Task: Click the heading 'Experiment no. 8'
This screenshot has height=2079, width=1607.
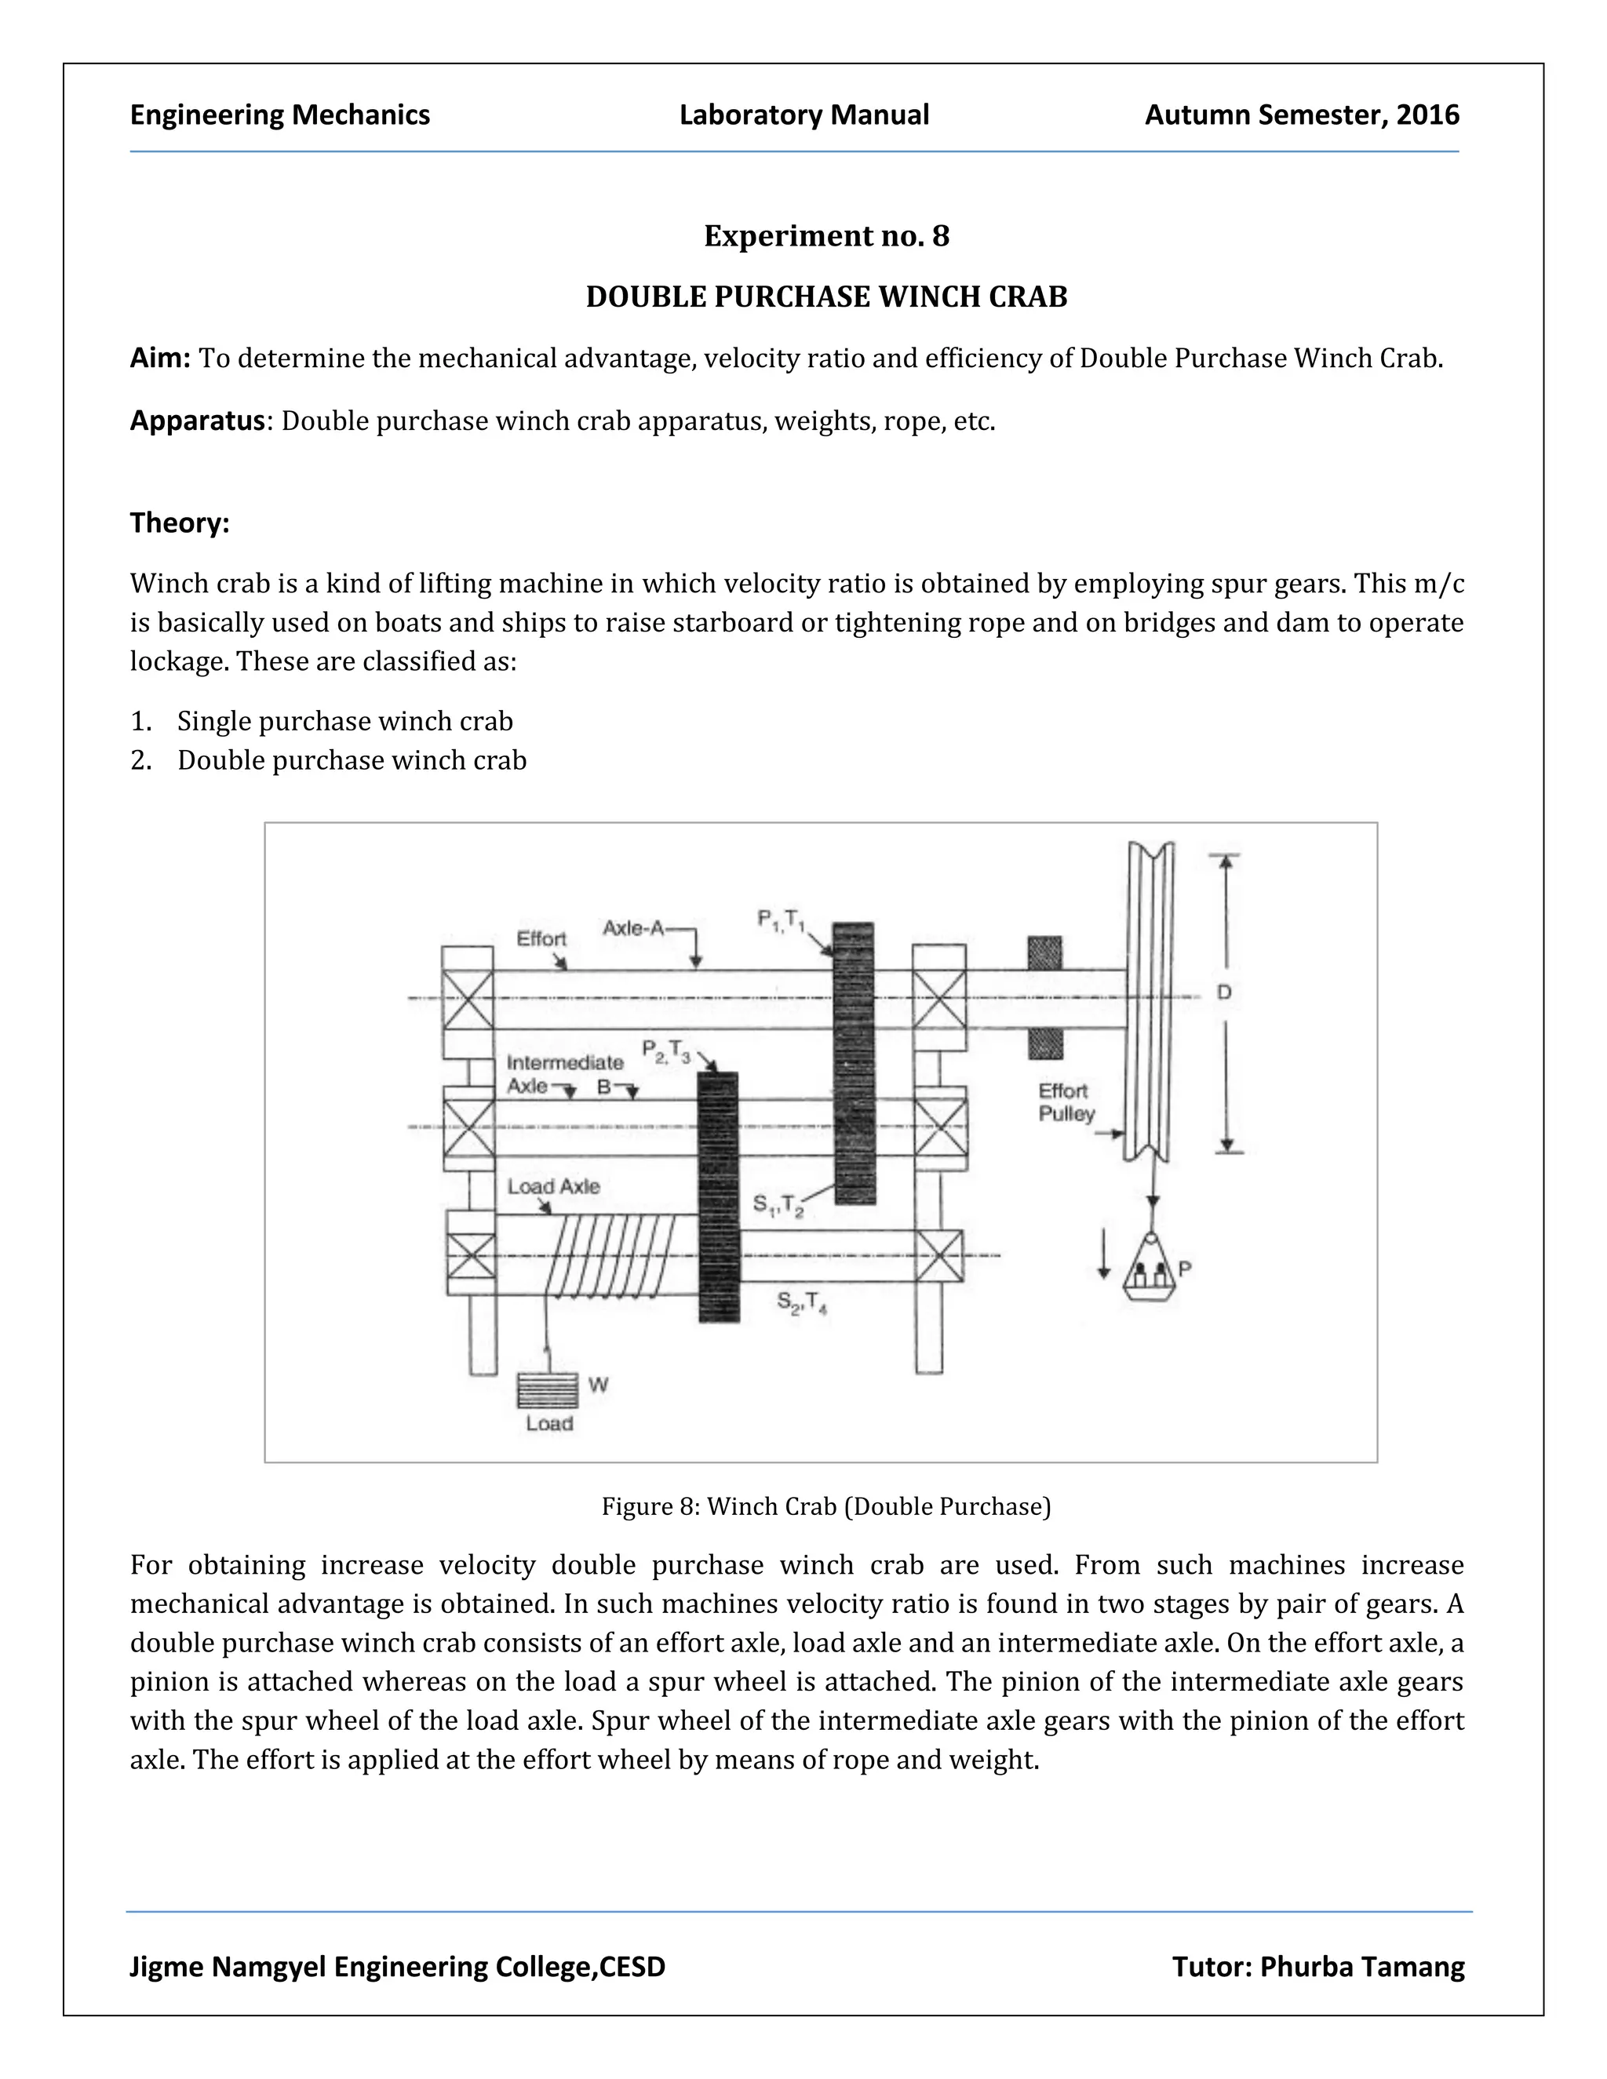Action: (825, 236)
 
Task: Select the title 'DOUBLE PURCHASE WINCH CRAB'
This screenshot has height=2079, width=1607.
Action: (825, 297)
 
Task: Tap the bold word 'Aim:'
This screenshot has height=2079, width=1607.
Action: (160, 359)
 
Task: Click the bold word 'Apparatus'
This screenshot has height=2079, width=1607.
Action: (196, 421)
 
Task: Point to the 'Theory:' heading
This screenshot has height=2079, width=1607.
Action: (179, 522)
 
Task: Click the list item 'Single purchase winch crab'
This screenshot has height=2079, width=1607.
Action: (344, 722)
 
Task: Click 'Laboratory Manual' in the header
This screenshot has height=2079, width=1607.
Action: (803, 115)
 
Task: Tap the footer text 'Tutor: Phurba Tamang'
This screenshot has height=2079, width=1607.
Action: (1317, 1966)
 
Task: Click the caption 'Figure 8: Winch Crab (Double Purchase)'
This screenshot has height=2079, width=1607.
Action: (825, 1507)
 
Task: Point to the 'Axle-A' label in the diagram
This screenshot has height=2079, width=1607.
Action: (633, 927)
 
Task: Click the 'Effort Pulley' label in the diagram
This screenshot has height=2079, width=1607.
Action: (1066, 1102)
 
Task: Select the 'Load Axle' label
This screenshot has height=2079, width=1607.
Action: (553, 1186)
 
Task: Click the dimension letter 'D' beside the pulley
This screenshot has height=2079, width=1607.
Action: (1224, 992)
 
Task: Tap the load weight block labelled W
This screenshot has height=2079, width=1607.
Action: (548, 1391)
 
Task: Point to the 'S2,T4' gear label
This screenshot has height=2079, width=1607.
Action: (802, 1303)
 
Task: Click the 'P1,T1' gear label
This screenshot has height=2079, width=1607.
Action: (781, 920)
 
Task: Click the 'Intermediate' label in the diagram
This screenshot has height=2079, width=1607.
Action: (564, 1062)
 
